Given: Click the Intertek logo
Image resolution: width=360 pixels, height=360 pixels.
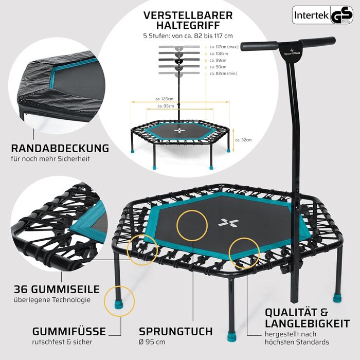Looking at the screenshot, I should pyautogui.click(x=311, y=15).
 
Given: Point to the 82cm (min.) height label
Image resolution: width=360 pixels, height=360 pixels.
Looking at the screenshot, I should pyautogui.click(x=223, y=74).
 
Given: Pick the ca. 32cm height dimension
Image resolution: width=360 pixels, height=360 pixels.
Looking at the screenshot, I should pyautogui.click(x=244, y=139).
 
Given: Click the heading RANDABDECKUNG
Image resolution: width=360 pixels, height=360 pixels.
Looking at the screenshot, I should pyautogui.click(x=60, y=148).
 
